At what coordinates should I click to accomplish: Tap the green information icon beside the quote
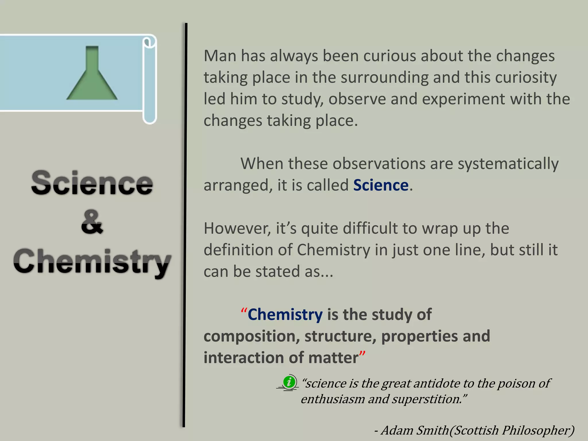(x=289, y=382)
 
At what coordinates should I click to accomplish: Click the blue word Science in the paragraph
(x=381, y=185)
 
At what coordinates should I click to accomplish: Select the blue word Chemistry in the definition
(x=285, y=315)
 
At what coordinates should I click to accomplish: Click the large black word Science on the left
(x=92, y=183)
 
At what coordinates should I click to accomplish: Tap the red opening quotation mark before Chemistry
(x=244, y=311)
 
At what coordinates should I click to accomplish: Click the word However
(x=237, y=229)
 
